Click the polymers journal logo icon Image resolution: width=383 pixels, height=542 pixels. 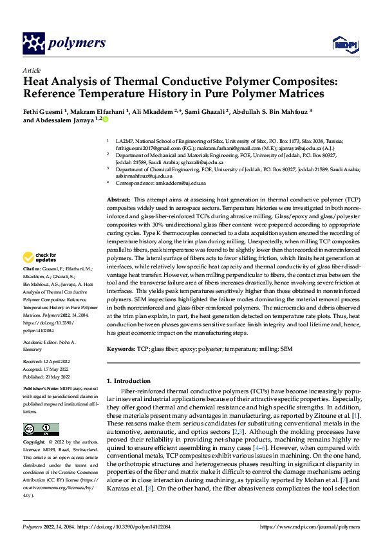[x=34, y=44]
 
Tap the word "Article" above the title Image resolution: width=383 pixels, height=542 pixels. [x=32, y=70]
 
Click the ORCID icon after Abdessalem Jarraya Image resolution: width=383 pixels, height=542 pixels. [x=106, y=120]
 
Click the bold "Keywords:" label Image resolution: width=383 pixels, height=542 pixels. [x=120, y=348]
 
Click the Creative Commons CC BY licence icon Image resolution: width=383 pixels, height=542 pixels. [x=41, y=429]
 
